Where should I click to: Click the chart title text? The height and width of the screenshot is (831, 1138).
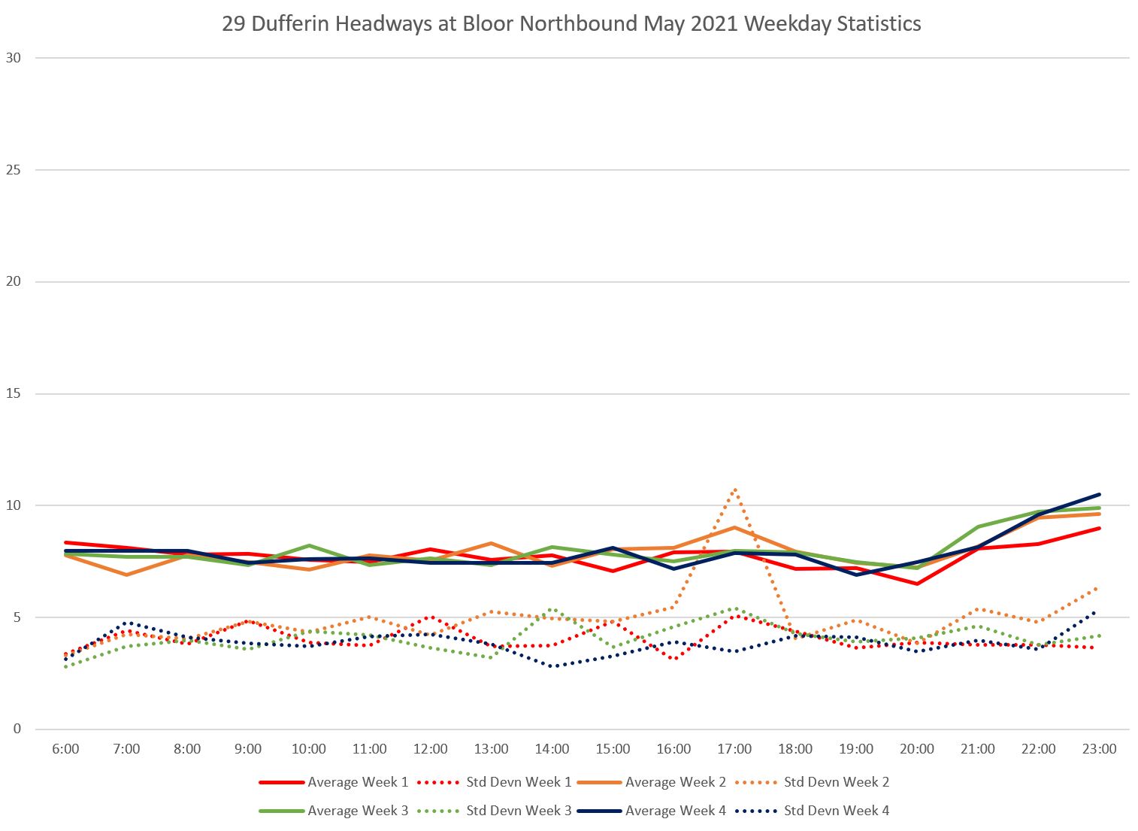tap(571, 23)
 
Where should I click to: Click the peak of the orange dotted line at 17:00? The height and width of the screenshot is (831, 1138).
tap(734, 490)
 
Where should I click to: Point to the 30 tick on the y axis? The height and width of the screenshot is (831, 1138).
tap(13, 58)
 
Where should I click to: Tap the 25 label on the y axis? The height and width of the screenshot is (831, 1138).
tap(13, 170)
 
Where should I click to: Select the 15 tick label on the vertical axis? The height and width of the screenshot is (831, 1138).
tap(13, 394)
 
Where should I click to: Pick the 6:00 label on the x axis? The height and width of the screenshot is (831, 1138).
tap(66, 749)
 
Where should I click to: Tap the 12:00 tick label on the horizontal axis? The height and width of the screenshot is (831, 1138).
tap(431, 749)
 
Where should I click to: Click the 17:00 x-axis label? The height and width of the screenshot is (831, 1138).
tap(734, 749)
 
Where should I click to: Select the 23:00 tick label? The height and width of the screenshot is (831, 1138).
tap(1099, 749)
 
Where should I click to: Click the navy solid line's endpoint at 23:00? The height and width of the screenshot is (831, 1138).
tap(1099, 495)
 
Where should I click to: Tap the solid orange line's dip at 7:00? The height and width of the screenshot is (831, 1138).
tap(126, 575)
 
